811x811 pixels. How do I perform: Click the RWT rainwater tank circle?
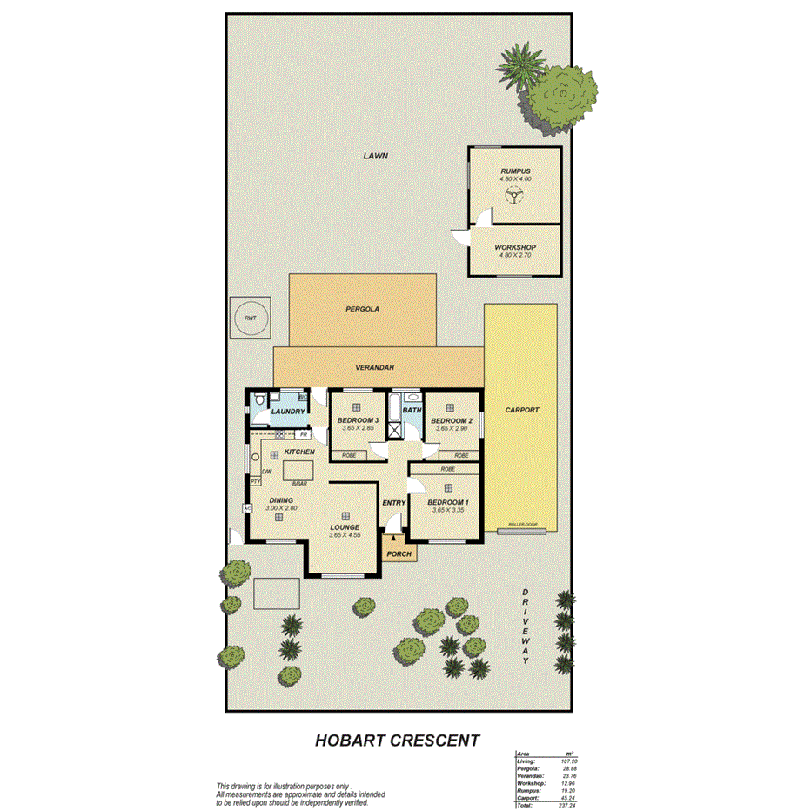point(251,318)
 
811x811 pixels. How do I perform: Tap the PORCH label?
point(399,553)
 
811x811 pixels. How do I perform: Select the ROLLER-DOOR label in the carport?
point(521,526)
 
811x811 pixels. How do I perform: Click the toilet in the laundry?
point(258,400)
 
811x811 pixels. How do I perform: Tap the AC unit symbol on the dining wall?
point(247,508)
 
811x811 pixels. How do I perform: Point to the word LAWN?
point(375,156)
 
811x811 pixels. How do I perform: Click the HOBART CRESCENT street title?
point(396,741)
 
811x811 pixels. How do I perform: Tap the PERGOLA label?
point(362,308)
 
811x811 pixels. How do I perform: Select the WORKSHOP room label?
point(515,247)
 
